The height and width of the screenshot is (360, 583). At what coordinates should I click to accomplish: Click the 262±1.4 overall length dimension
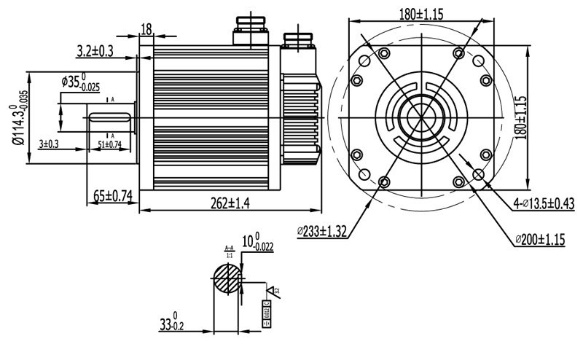pyautogui.click(x=220, y=203)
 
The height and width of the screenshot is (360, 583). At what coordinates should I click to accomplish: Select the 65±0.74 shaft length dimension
pyautogui.click(x=114, y=195)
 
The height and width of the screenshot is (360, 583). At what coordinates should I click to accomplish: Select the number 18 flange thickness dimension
pyautogui.click(x=146, y=29)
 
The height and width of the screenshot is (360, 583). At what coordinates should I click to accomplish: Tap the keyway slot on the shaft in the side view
pyautogui.click(x=109, y=116)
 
